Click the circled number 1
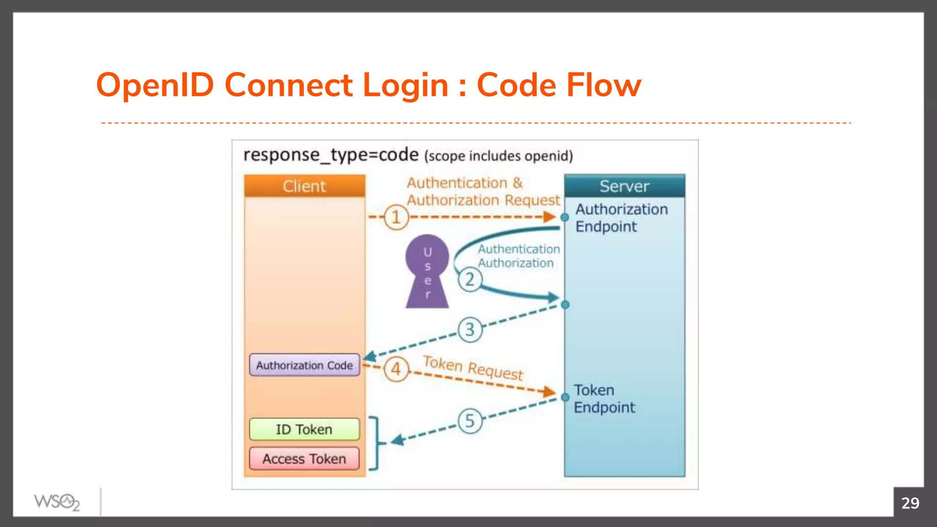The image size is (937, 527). pyautogui.click(x=396, y=217)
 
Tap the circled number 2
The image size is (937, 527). pyautogui.click(x=470, y=280)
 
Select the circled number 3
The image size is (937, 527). pyautogui.click(x=470, y=330)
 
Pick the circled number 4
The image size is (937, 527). pyautogui.click(x=396, y=369)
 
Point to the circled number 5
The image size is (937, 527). pyautogui.click(x=470, y=421)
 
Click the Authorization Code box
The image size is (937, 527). pyautogui.click(x=304, y=365)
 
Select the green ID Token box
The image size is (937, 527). pyautogui.click(x=304, y=429)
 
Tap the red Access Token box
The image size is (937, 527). pyautogui.click(x=304, y=458)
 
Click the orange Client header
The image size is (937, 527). pyautogui.click(x=304, y=186)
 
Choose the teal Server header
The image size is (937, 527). pyautogui.click(x=624, y=186)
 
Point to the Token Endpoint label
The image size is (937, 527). pyautogui.click(x=604, y=398)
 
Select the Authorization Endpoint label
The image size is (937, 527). pyautogui.click(x=621, y=218)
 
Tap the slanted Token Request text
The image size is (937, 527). pyautogui.click(x=473, y=368)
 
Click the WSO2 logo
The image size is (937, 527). pyautogui.click(x=57, y=502)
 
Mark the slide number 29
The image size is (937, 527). pyautogui.click(x=910, y=503)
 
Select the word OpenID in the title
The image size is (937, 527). pyautogui.click(x=155, y=85)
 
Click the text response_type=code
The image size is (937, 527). pyautogui.click(x=331, y=155)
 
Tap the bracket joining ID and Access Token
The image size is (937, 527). pyautogui.click(x=375, y=443)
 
